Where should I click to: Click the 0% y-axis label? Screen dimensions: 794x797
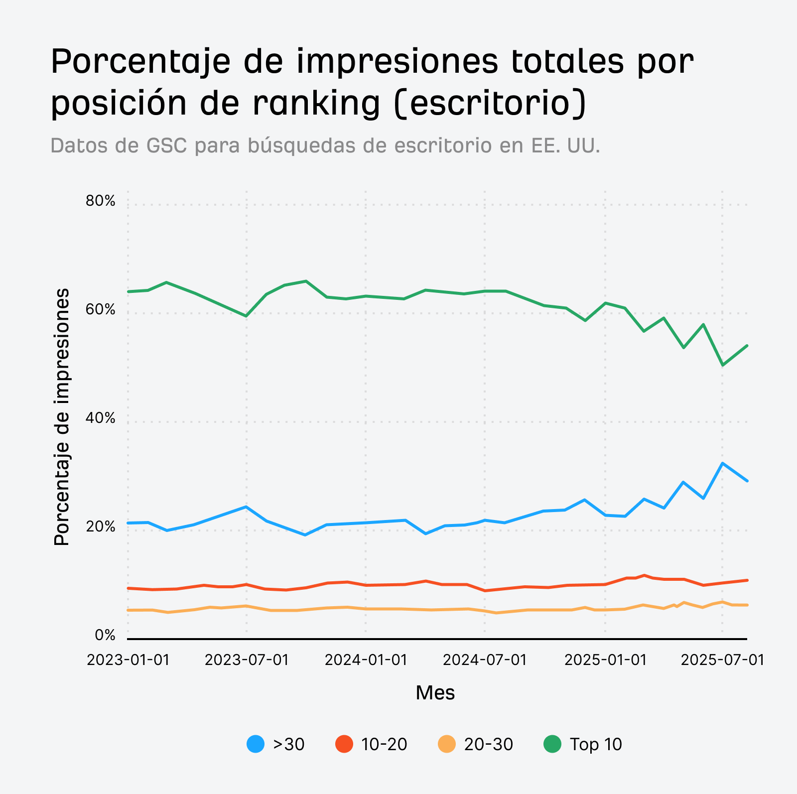105,636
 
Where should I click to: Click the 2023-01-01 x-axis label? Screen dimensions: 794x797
128,660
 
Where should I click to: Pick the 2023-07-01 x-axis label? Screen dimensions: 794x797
247,660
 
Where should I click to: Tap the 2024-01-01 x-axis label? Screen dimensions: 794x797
366,660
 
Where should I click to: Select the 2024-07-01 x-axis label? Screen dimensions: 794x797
485,660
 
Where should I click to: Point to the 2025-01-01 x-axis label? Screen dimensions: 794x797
605,660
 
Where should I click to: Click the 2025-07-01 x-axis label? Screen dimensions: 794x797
722,660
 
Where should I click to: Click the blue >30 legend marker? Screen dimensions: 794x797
256,744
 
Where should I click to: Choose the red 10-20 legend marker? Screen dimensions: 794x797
344,744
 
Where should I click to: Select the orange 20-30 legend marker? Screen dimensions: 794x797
447,744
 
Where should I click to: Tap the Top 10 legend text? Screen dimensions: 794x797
596,744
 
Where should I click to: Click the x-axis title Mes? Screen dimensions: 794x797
435,693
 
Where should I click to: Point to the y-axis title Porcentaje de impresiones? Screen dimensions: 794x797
62,416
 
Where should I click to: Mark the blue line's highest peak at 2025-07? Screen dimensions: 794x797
722,463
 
